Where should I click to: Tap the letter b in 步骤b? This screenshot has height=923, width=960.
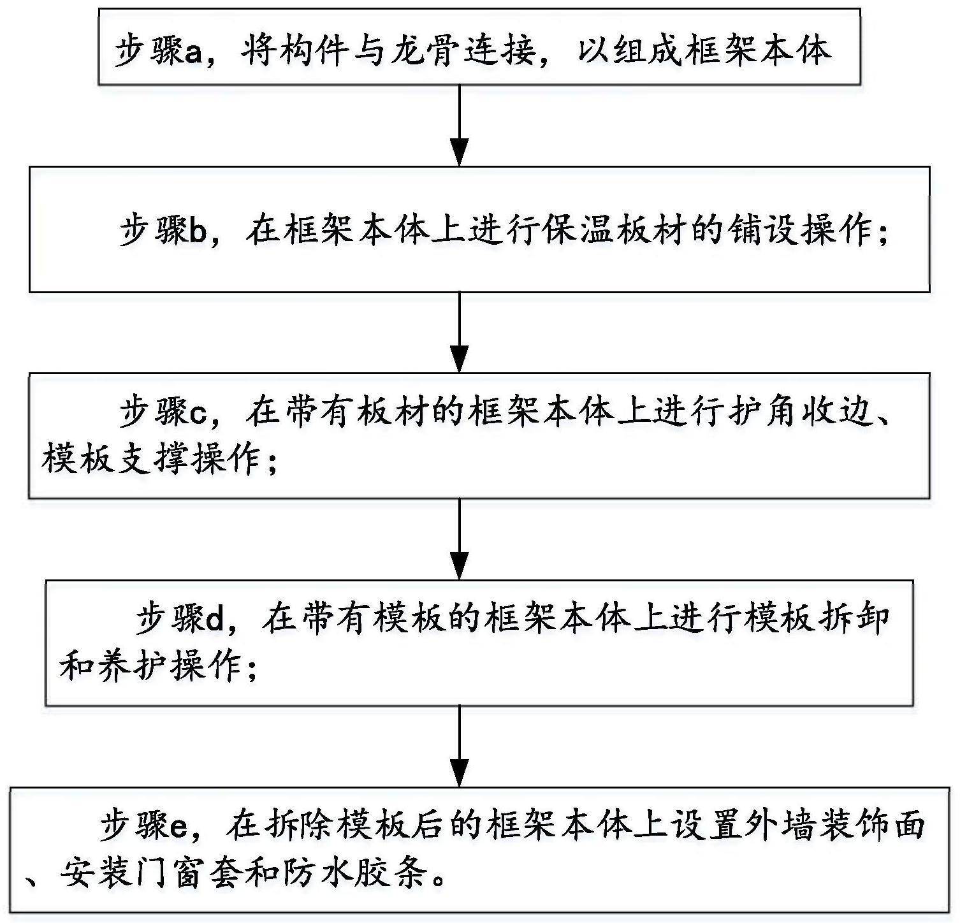click(x=198, y=231)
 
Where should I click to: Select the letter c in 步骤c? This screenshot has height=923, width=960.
click(x=198, y=414)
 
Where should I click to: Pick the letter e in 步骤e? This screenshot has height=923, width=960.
click(x=179, y=827)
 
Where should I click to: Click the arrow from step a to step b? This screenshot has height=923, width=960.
click(x=460, y=125)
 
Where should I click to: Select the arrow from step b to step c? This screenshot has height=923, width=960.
click(x=460, y=332)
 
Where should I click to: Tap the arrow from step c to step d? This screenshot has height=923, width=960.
click(x=460, y=539)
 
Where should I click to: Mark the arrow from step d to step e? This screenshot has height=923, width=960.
click(x=460, y=746)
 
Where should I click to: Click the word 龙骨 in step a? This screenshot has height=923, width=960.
click(x=418, y=52)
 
